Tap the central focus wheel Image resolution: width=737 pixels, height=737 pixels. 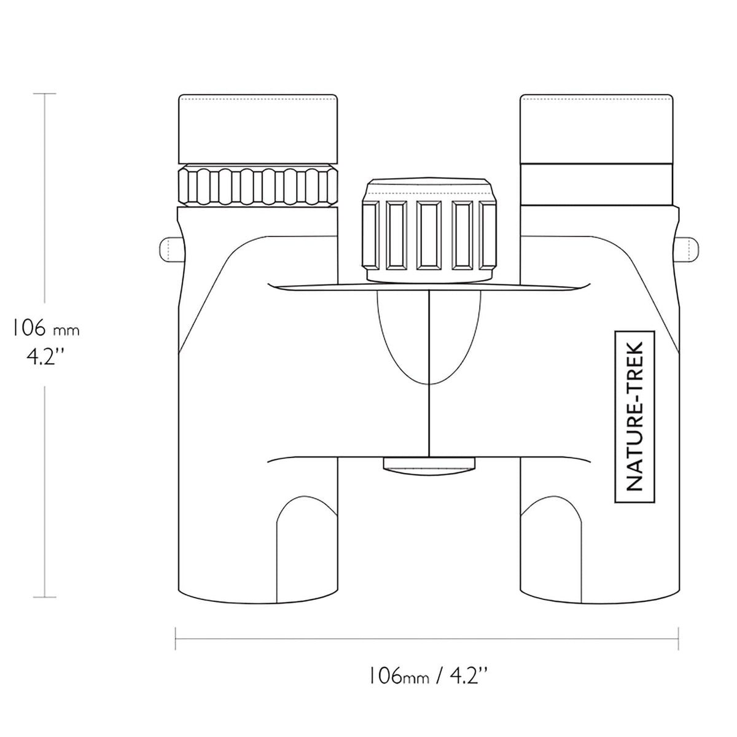[x=429, y=230]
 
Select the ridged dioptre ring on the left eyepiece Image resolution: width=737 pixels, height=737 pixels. [x=258, y=185]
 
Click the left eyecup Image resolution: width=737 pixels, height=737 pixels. [x=258, y=129]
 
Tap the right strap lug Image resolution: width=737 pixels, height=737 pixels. [x=687, y=249]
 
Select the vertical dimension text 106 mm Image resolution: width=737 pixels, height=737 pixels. [x=46, y=328]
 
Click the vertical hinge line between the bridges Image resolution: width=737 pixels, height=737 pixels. [x=429, y=373]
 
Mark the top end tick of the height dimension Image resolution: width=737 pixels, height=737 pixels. [x=45, y=93]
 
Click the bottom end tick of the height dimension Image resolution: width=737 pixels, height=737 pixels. [x=45, y=597]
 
